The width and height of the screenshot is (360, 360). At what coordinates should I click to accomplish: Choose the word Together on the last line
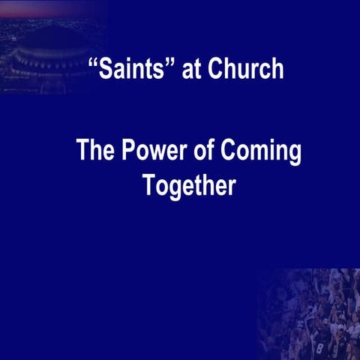189,185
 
